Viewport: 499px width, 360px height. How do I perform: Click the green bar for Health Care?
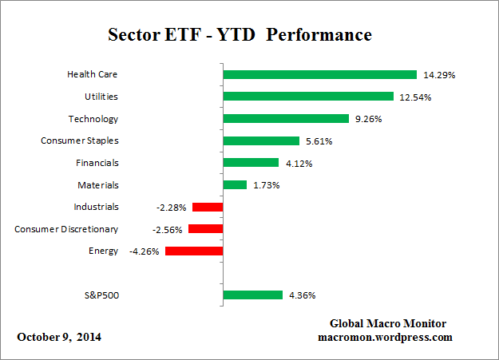(319, 74)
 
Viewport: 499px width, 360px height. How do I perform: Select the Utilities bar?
(308, 97)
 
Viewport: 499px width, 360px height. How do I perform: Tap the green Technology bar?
(286, 119)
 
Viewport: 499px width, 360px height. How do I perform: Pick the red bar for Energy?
(194, 251)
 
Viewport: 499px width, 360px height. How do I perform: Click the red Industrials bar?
(208, 207)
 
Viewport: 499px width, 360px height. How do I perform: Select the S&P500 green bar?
(253, 295)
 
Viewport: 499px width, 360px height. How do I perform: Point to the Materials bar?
(235, 184)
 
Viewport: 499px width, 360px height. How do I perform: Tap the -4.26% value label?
(145, 251)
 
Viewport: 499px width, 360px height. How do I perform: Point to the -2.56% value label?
(167, 229)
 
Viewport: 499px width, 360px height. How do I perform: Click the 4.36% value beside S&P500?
(302, 295)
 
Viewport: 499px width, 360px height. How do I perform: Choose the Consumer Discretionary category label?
(66, 229)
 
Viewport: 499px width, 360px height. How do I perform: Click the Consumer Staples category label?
(79, 140)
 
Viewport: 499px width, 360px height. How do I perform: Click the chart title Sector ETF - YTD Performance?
(240, 36)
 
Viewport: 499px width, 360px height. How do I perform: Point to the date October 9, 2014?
(59, 337)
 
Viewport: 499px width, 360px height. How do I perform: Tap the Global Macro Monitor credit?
(387, 323)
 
